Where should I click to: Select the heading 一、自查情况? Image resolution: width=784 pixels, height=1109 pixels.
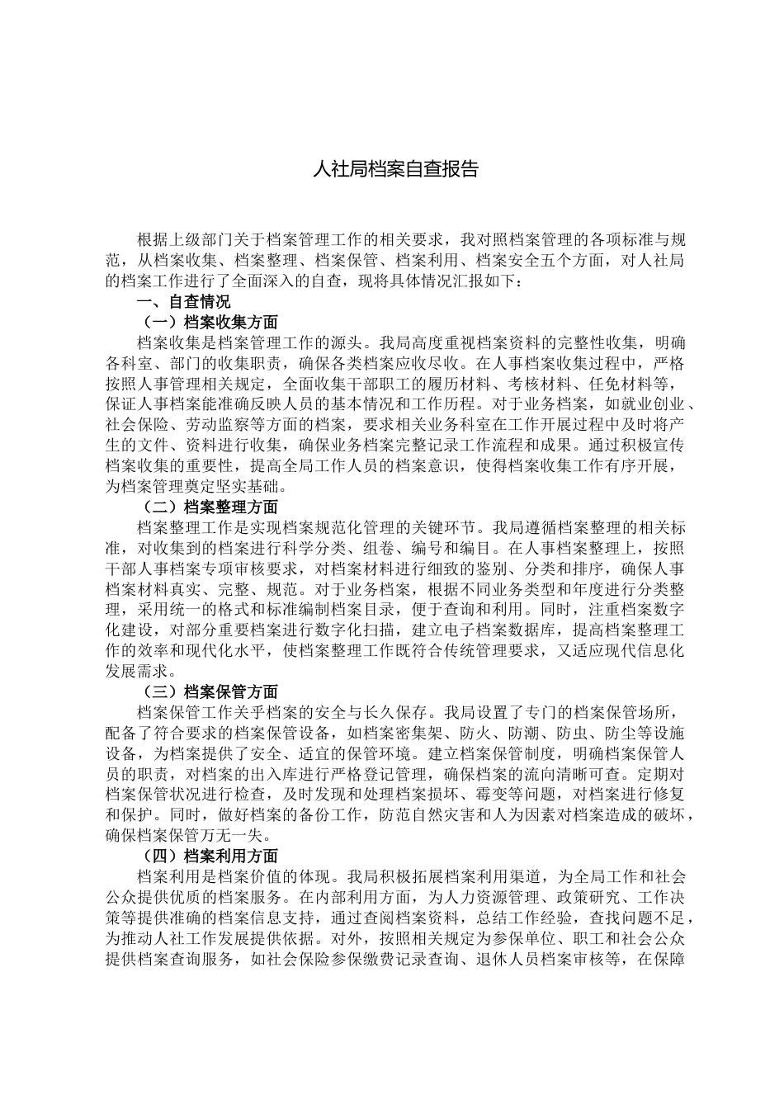[183, 302]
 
